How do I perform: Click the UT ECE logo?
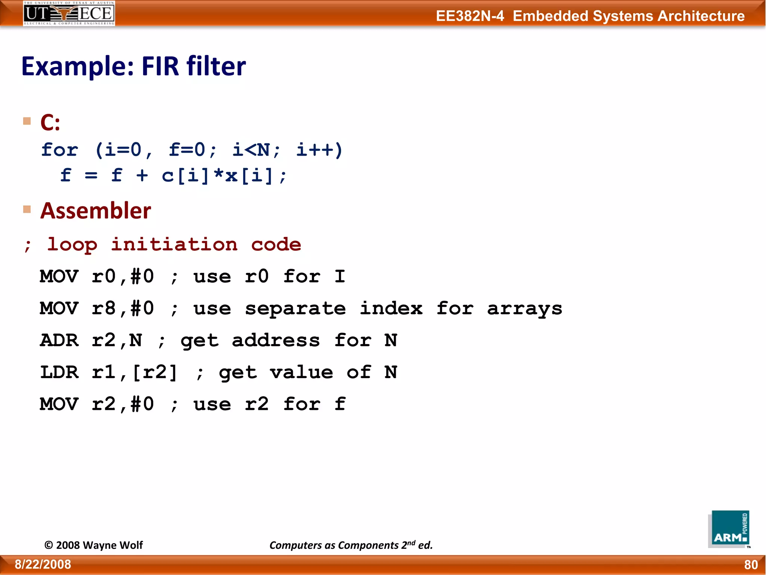pos(69,13)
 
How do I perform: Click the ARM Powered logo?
pos(729,529)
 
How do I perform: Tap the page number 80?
pos(751,565)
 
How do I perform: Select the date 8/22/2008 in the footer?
pos(43,564)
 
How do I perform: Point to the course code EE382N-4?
pos(470,16)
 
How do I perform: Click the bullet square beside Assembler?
pos(27,209)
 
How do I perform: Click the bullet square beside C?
pos(27,121)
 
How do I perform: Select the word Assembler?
pos(96,210)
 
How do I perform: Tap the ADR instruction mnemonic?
pos(59,340)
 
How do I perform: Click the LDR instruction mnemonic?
pos(59,372)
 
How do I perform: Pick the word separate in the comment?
pos(295,309)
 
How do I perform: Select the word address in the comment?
pos(276,340)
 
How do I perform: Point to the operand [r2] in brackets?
pos(154,372)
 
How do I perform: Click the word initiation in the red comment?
pos(174,244)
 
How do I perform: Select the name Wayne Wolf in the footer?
pos(113,545)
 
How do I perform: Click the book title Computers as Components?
pos(334,545)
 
